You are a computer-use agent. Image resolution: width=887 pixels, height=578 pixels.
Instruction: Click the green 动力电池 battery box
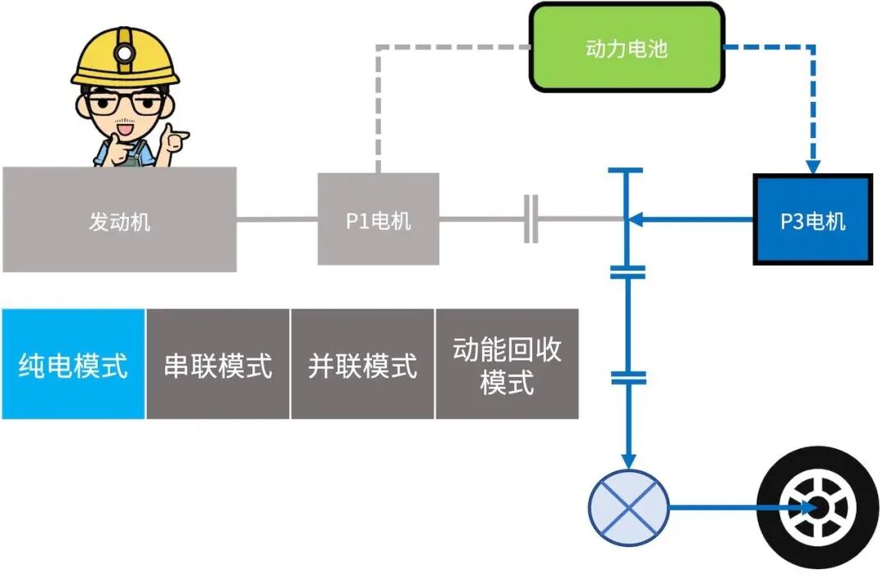[627, 47]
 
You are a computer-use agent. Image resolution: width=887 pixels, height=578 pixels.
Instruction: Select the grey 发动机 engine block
[119, 220]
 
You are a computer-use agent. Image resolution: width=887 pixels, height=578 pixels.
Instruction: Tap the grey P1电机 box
[378, 219]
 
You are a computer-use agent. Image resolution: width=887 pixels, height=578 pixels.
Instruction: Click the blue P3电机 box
[812, 219]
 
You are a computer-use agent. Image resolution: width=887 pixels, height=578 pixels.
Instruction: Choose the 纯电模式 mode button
[73, 365]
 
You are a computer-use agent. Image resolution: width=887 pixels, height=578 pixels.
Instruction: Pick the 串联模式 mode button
[218, 365]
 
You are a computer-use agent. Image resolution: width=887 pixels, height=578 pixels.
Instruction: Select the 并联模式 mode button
[362, 365]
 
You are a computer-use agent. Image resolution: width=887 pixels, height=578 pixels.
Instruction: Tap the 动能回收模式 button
[507, 365]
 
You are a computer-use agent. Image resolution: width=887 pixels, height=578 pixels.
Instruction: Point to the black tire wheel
[819, 508]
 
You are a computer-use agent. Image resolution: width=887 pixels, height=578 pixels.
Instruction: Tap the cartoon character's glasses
[123, 103]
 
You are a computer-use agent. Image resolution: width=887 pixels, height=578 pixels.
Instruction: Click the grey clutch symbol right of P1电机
[531, 219]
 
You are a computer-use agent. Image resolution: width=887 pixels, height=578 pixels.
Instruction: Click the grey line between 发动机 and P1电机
[277, 219]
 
